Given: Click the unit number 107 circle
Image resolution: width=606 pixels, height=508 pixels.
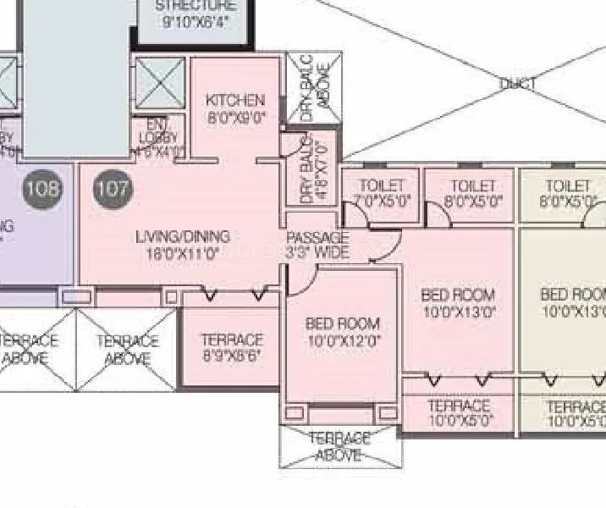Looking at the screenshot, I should click(112, 188).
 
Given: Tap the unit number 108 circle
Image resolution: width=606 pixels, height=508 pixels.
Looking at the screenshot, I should click(42, 188).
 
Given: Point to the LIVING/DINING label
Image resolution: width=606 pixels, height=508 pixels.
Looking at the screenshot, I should click(182, 236).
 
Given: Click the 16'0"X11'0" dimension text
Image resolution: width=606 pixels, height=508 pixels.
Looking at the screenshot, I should click(182, 252).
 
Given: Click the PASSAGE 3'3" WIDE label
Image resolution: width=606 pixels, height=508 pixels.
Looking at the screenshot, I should click(317, 245).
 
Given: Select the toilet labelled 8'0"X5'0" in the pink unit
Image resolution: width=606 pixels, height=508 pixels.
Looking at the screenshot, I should click(473, 193).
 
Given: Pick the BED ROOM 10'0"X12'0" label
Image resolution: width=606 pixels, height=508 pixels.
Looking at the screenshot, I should click(342, 332).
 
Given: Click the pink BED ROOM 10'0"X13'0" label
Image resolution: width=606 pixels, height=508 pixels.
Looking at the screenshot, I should click(458, 303).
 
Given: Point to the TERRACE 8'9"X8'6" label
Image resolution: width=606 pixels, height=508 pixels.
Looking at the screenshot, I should click(231, 348).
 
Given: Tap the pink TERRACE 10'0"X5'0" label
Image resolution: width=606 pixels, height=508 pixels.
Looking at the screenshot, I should click(459, 413).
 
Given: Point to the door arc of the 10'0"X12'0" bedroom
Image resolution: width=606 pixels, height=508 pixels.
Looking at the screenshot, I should click(300, 279).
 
